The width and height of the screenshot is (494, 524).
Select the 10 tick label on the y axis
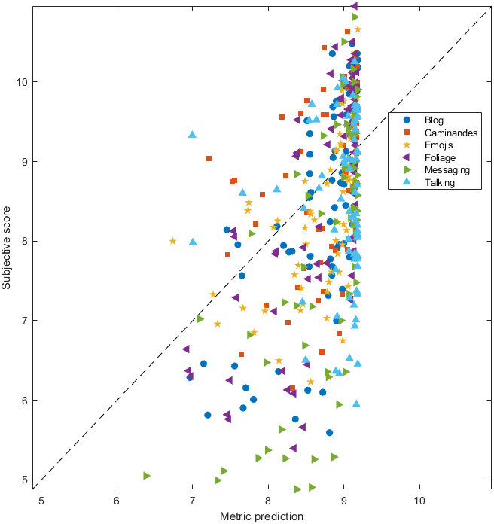click(24, 81)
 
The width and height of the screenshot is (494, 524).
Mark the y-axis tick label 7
click(27, 321)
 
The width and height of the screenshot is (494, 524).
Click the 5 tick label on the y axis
click(27, 480)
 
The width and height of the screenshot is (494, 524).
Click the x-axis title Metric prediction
click(261, 516)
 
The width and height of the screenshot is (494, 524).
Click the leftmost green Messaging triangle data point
click(147, 476)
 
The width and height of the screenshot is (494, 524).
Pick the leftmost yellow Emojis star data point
click(173, 241)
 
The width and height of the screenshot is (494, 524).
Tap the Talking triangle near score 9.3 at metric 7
click(192, 134)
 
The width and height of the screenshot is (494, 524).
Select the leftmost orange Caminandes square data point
click(209, 158)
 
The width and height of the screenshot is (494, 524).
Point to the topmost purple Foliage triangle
click(354, 6)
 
